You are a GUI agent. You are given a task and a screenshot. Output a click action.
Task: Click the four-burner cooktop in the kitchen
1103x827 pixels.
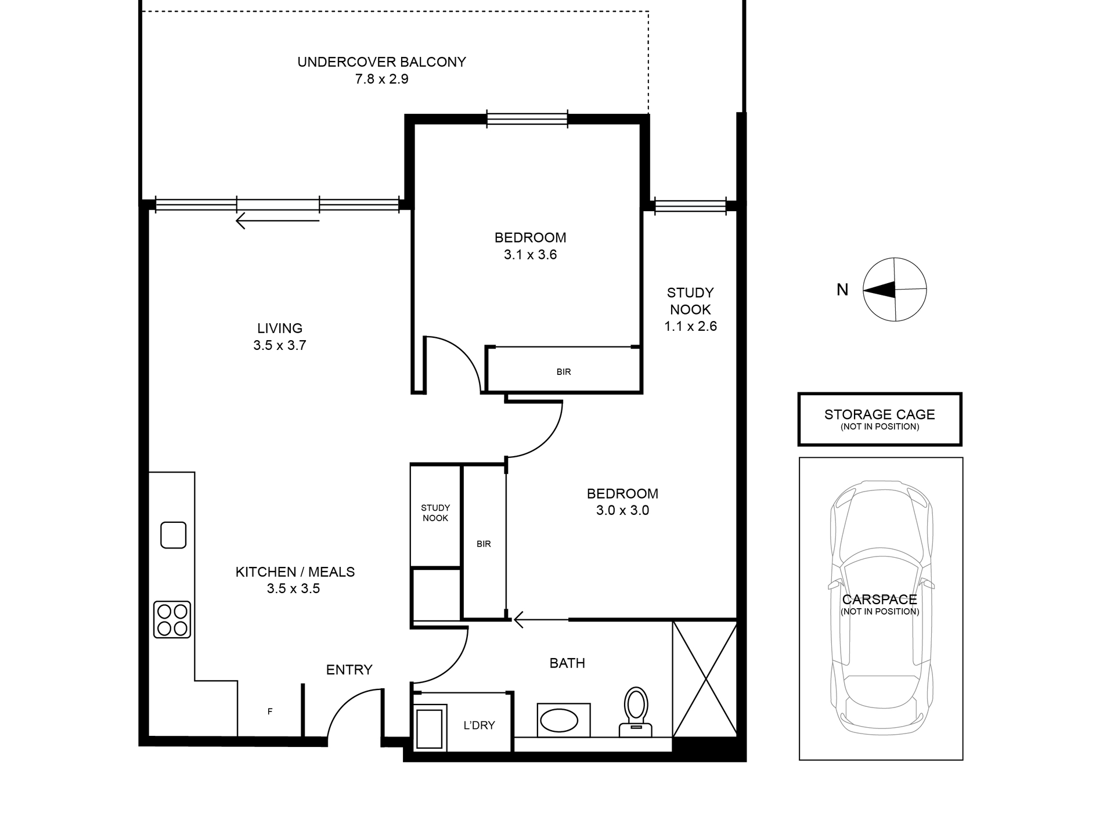tap(172, 620)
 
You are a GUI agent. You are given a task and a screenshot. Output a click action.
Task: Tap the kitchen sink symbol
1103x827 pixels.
tap(174, 535)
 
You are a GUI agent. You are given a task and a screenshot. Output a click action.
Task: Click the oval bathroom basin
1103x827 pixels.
tap(559, 721)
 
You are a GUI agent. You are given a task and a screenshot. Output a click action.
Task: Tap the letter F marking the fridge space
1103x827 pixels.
tap(270, 712)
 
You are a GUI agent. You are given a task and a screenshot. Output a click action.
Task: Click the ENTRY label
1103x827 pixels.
tap(349, 670)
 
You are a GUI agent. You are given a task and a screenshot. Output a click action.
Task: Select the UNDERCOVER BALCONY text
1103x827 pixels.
tap(381, 62)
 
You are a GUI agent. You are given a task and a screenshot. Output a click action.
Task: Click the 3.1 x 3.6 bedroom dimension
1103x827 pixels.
tap(530, 255)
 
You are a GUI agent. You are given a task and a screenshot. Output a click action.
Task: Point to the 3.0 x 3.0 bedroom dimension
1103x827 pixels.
tap(622, 511)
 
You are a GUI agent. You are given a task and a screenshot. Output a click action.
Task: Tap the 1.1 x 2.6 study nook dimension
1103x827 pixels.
tap(690, 326)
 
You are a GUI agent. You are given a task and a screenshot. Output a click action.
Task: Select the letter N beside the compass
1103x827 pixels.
tap(842, 290)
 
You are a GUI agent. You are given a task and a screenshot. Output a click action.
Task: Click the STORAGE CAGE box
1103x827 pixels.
tap(879, 419)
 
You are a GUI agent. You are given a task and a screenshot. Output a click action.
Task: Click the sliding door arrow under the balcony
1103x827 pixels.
tap(277, 221)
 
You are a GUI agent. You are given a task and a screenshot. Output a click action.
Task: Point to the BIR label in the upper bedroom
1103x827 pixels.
tap(563, 372)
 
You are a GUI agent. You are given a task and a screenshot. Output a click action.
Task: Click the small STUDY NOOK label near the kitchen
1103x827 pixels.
tap(435, 513)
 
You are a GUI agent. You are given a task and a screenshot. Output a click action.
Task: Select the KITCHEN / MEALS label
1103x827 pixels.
tap(295, 572)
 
